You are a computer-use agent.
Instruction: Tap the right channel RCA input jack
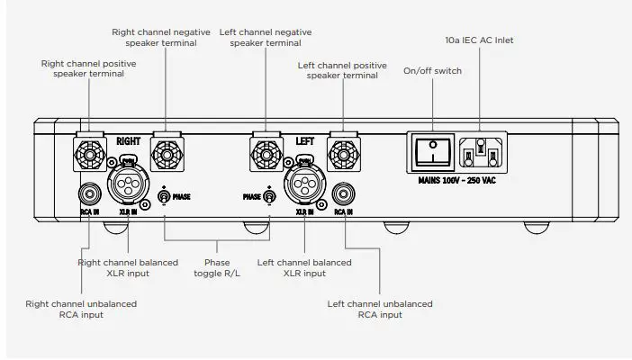point(89,193)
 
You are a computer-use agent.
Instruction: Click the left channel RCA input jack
point(342,193)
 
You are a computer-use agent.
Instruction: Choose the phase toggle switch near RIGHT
point(165,195)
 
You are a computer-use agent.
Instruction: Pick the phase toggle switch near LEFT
point(267,195)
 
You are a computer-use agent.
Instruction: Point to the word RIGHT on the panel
point(129,141)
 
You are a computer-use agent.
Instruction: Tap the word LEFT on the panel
point(304,141)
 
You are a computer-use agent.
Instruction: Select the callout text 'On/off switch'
point(433,70)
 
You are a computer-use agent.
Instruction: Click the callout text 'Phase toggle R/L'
point(216,267)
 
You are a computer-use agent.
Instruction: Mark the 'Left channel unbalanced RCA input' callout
point(379,310)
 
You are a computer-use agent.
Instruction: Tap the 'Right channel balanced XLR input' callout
point(127,267)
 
